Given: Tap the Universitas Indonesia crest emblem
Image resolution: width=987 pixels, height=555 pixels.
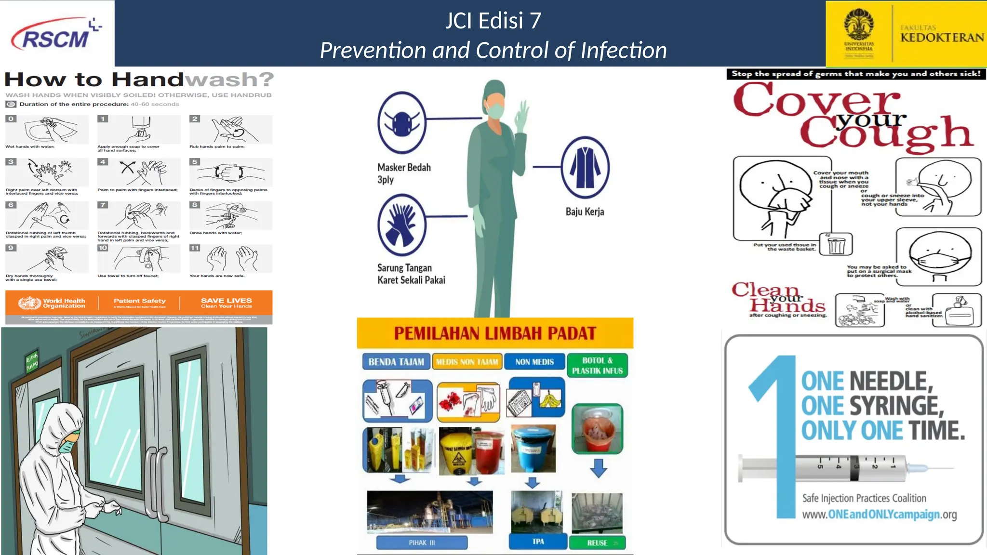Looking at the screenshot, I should tap(858, 24).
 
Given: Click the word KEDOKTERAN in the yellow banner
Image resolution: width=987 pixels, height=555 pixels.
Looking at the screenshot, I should tap(942, 38).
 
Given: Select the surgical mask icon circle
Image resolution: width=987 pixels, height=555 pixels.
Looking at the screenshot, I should tap(401, 122).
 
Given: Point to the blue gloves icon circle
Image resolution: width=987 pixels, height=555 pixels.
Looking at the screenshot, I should tap(401, 225).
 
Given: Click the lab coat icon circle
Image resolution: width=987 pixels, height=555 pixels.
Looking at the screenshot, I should tap(585, 168).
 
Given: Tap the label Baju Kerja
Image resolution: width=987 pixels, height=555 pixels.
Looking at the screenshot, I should tap(585, 211).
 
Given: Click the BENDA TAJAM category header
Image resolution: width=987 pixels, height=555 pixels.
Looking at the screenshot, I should tap(396, 362).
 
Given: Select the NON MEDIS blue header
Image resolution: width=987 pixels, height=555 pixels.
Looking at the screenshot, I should tap(534, 362).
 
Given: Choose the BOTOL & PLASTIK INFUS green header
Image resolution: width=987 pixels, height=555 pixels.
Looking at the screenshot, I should tap(597, 366).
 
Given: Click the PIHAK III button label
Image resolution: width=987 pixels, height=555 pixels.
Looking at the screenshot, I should tap(422, 542).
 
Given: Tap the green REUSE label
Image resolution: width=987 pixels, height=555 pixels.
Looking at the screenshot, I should tap(597, 543).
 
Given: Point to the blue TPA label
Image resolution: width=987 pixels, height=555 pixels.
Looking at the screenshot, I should tap(538, 542).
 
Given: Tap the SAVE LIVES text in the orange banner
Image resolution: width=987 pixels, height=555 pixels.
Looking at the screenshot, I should tap(226, 301).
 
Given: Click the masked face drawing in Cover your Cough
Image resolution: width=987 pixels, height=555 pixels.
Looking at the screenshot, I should tap(939, 256).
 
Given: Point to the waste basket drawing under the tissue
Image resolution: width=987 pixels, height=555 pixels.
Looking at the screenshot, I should tap(837, 244).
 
